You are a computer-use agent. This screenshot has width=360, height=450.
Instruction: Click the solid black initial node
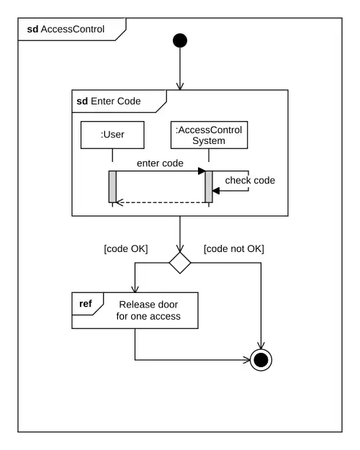[x=180, y=40]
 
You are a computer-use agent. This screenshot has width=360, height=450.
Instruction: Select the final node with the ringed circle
[x=261, y=360]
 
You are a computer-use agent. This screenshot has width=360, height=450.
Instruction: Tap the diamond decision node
[x=180, y=263]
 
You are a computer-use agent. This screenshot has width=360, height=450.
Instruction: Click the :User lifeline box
[x=112, y=135]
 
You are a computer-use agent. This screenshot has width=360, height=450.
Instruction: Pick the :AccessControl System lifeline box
[x=209, y=135]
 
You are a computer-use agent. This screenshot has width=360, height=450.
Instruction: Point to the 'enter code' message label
[x=160, y=163]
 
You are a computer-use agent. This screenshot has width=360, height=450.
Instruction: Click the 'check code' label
[x=250, y=180]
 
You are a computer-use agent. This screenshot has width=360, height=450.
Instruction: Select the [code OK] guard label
[x=126, y=248]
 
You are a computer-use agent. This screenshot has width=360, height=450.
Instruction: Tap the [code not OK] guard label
[x=234, y=248]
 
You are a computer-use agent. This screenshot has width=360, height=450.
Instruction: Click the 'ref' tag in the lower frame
[x=86, y=303]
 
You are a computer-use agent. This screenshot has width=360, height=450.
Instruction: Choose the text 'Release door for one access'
[x=148, y=310]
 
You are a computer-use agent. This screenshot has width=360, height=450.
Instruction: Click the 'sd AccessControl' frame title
[x=66, y=29]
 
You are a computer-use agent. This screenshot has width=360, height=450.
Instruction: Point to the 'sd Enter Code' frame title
[x=109, y=101]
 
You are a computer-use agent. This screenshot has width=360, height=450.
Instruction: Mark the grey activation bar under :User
[x=112, y=186]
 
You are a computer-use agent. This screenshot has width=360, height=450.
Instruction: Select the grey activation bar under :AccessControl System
[x=209, y=186]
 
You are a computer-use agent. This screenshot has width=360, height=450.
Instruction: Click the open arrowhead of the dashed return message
[x=120, y=202]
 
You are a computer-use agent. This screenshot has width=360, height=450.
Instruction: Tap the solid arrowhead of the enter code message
[x=202, y=171]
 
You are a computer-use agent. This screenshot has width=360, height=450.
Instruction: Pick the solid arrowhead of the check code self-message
[x=216, y=191]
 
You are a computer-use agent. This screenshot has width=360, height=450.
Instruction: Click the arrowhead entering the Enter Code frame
[x=180, y=86]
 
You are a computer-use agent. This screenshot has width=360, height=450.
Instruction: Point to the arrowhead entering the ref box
[x=135, y=289]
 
